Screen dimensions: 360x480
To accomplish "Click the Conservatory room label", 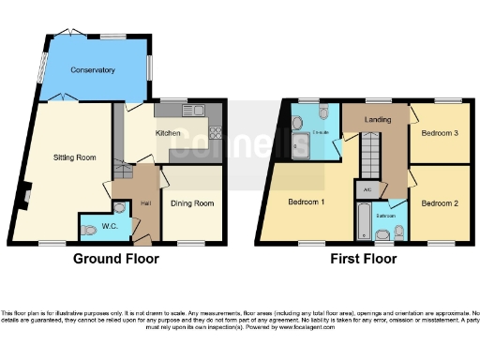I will [x=92, y=70].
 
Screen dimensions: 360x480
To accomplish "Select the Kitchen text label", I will [x=168, y=134].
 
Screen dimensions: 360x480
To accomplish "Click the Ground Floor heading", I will [x=116, y=259].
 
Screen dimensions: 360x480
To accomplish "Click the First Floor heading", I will [x=364, y=259].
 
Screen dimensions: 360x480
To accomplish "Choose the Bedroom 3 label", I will [x=439, y=134].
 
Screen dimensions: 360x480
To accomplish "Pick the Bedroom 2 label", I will [x=439, y=203].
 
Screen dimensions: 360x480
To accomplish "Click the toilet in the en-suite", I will [x=323, y=114].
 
